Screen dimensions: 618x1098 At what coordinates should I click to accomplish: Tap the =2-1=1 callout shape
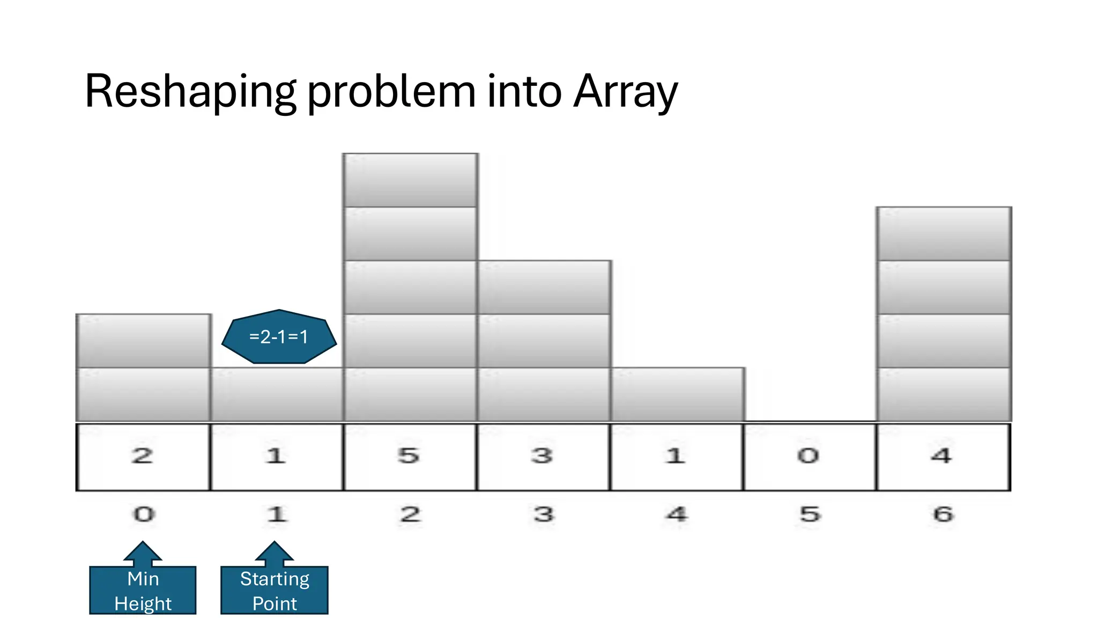click(279, 337)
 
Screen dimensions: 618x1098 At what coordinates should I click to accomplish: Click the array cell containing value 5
click(410, 457)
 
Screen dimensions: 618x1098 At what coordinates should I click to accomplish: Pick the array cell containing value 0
click(810, 457)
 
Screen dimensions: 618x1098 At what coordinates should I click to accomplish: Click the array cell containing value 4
click(943, 457)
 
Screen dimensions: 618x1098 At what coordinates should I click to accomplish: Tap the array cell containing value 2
click(143, 457)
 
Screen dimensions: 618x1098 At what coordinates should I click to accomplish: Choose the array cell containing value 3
click(543, 457)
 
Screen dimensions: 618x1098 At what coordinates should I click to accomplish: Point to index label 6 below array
click(943, 514)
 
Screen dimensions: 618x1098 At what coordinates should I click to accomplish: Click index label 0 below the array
click(144, 514)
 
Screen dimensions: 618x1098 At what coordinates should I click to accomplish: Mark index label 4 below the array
click(677, 514)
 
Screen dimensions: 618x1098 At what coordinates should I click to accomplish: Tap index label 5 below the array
click(810, 514)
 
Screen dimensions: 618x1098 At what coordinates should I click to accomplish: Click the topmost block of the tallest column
click(410, 180)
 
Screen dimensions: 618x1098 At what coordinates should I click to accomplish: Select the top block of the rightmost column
click(944, 234)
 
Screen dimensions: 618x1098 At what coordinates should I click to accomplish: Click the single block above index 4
click(677, 394)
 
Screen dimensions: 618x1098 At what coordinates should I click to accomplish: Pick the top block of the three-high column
click(544, 288)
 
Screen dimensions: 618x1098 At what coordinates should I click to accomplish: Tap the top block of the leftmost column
click(143, 341)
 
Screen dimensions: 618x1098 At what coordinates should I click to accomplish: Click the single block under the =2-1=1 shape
click(277, 394)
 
